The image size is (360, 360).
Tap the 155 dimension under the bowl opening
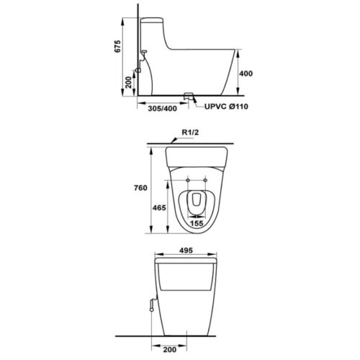196,223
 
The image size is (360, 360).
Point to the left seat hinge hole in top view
187,179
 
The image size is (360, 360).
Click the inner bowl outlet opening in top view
196,203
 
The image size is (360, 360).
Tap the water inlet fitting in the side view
144,55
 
